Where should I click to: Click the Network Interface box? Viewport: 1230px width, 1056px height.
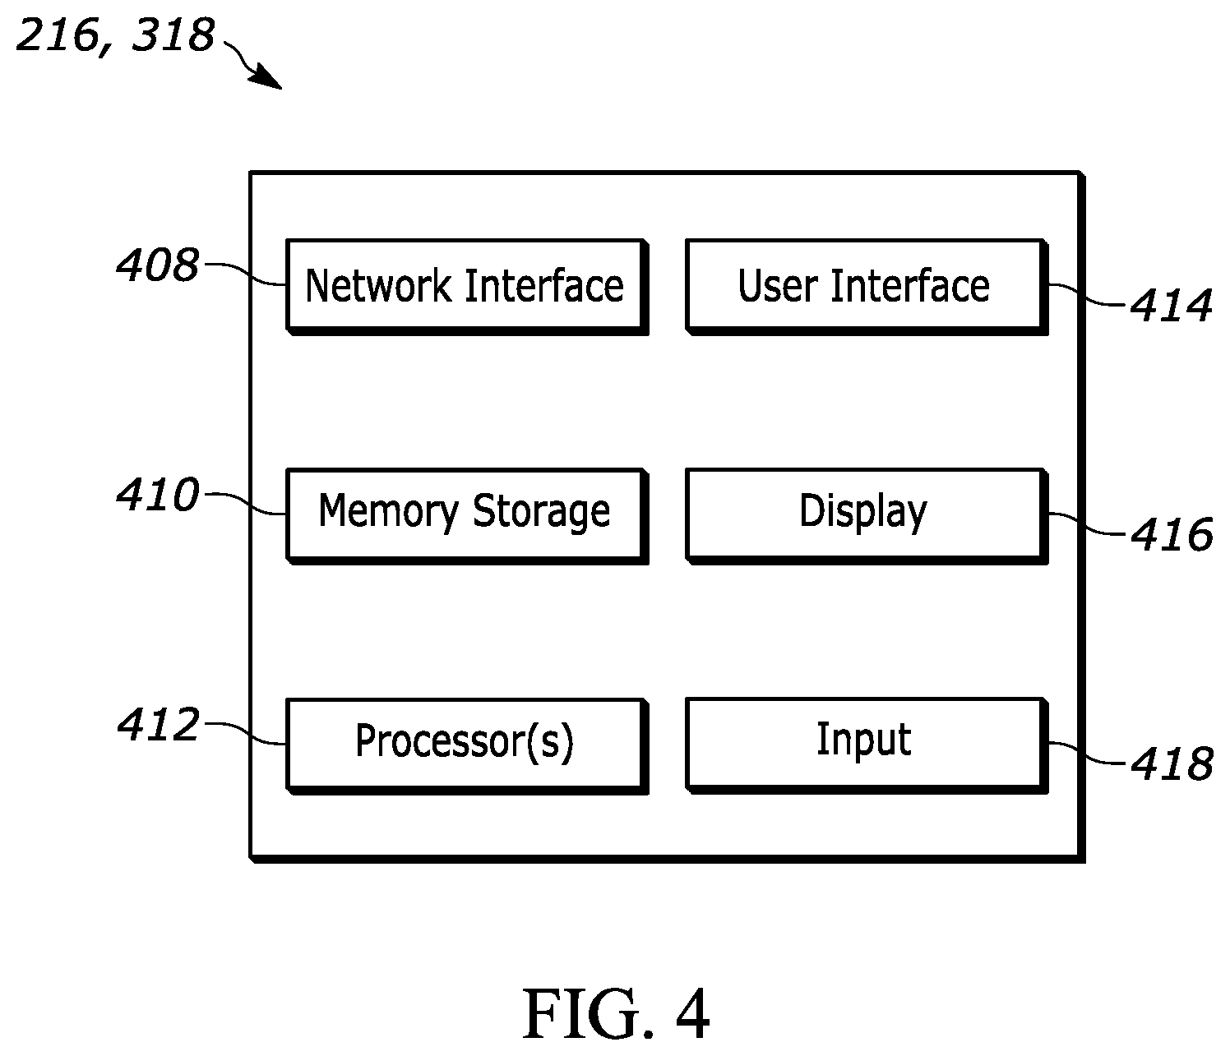pyautogui.click(x=467, y=288)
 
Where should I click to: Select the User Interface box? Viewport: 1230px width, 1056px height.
pyautogui.click(x=867, y=288)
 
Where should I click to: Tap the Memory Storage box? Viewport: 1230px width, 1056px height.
pyautogui.click(x=467, y=516)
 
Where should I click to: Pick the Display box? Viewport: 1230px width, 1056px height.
pyautogui.click(x=867, y=516)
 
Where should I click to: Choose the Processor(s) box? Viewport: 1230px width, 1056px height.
pyautogui.click(x=467, y=746)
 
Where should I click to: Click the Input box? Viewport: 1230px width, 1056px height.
pyautogui.click(x=867, y=745)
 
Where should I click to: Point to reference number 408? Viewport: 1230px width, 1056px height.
pyautogui.click(x=158, y=265)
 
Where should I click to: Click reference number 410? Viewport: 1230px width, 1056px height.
pyautogui.click(x=158, y=495)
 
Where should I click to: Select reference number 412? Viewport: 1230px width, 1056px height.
pyautogui.click(x=159, y=724)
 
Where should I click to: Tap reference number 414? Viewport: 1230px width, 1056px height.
pyautogui.click(x=1171, y=305)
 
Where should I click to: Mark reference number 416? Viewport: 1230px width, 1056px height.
pyautogui.click(x=1171, y=534)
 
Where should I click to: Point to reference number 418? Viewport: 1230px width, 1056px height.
pyautogui.click(x=1171, y=763)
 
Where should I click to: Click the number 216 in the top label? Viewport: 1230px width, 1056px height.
pyautogui.click(x=58, y=35)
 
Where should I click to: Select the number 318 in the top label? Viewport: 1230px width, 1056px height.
pyautogui.click(x=173, y=35)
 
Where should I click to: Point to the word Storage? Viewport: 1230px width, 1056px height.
pyautogui.click(x=541, y=511)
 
